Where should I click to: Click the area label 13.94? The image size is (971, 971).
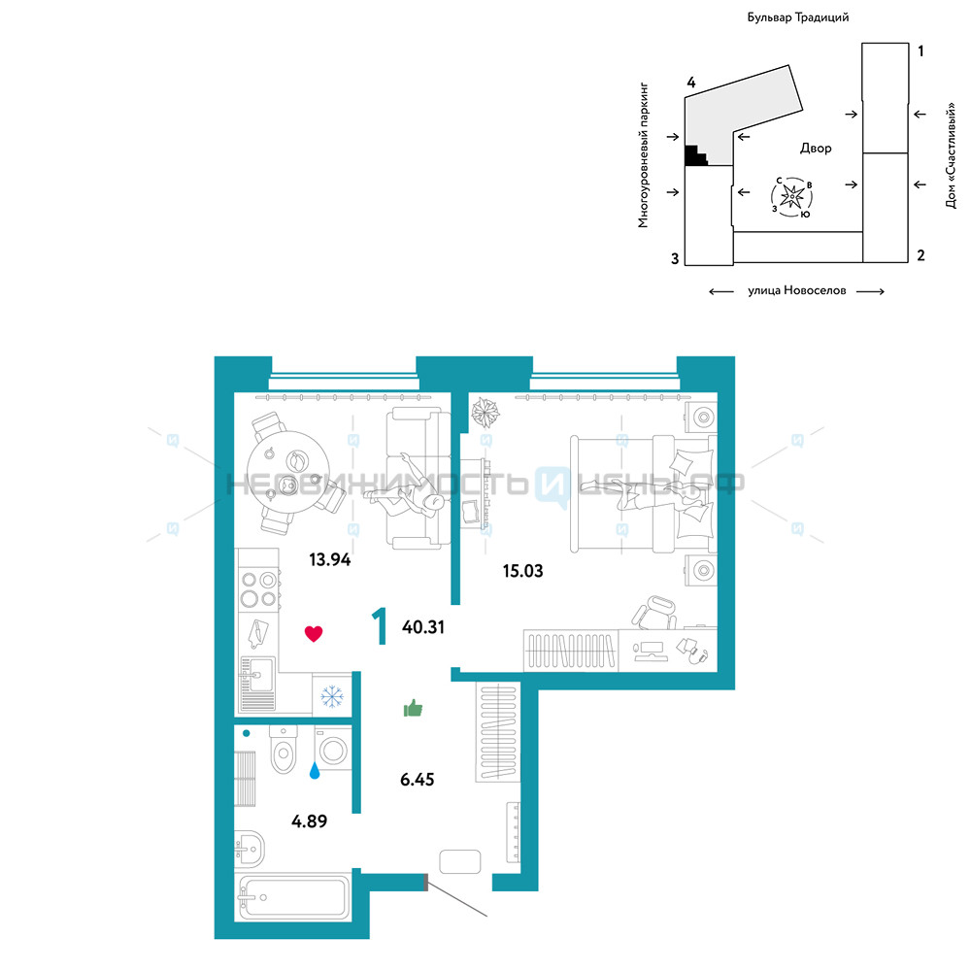coord(329,560)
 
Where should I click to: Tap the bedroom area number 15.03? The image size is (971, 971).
coord(522,571)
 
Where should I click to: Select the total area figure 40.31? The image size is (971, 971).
coord(423,627)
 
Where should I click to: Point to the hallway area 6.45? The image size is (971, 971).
coord(417,780)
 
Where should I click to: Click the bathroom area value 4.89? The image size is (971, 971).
coord(309,821)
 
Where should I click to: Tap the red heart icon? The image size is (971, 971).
coord(314,633)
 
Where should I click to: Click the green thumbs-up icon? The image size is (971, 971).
coord(413,708)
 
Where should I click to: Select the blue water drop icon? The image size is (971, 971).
coord(315,770)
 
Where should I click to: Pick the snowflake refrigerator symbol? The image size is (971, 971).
coord(332,696)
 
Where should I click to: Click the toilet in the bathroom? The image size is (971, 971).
coord(284,750)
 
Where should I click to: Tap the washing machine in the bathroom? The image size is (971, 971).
coord(333,749)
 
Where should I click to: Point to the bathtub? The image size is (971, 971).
coord(292,896)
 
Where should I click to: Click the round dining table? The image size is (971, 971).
coord(288,472)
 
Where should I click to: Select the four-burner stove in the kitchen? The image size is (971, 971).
coord(259,589)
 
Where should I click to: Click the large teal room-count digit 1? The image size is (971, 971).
coord(380,626)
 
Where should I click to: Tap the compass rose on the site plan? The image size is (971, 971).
coord(792,197)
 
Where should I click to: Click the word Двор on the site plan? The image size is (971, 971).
coord(816,148)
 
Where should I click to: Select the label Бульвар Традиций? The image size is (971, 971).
coord(797,17)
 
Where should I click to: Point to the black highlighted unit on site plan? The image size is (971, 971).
coord(695,156)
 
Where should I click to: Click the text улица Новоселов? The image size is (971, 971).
coord(796,290)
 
